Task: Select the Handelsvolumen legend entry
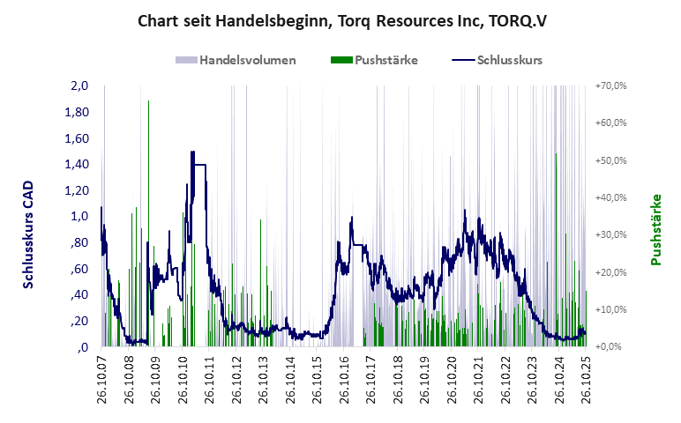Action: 236,60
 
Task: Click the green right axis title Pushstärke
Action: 655,229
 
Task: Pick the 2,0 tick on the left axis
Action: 79,86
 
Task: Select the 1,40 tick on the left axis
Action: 77,164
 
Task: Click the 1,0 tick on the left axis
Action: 79,216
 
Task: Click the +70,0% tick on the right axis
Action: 610,86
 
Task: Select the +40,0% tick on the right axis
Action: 610,198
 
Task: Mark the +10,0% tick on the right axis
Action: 610,309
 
